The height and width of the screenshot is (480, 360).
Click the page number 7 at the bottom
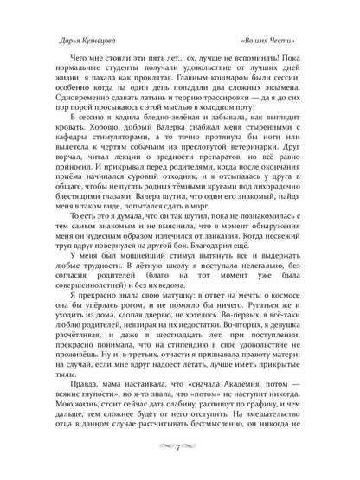(x=179, y=467)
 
